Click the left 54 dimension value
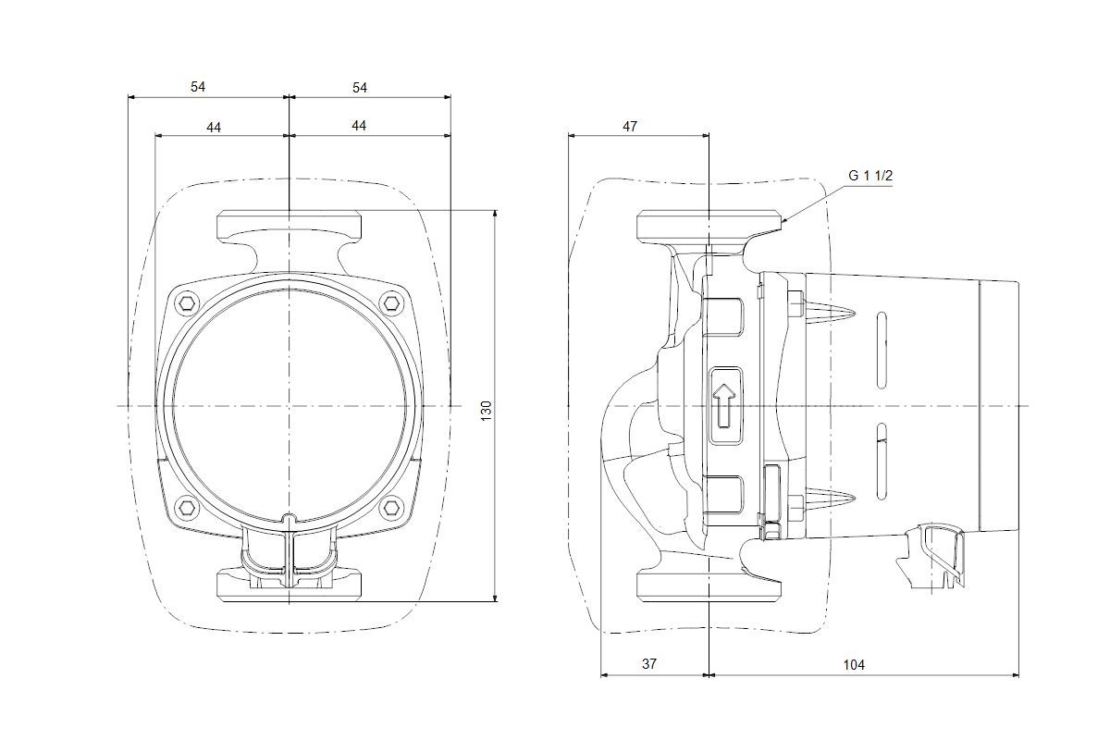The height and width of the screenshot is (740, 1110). (198, 87)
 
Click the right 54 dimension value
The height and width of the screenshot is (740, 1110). (360, 88)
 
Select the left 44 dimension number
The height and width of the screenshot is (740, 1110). (214, 128)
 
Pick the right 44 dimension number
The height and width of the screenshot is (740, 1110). (359, 126)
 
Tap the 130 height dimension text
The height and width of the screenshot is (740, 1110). (487, 411)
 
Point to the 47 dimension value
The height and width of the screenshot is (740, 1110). (630, 127)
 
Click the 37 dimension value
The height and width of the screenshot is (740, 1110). (649, 663)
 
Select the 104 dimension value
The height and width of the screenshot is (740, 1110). (854, 665)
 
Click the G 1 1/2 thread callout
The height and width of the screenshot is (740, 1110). (870, 176)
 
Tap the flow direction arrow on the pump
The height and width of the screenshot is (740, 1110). (725, 405)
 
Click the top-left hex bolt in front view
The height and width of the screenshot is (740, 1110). (188, 302)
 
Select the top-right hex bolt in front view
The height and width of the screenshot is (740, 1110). (390, 302)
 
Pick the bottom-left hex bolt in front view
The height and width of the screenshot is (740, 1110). (188, 507)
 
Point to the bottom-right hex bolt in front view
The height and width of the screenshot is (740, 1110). (390, 507)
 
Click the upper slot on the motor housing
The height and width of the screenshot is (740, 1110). (882, 350)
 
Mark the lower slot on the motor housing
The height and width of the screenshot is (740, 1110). (882, 462)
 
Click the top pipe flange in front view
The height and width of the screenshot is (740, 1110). (289, 227)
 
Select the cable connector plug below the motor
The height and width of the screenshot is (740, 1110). (931, 556)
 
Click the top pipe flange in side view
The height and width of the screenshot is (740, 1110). (709, 227)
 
